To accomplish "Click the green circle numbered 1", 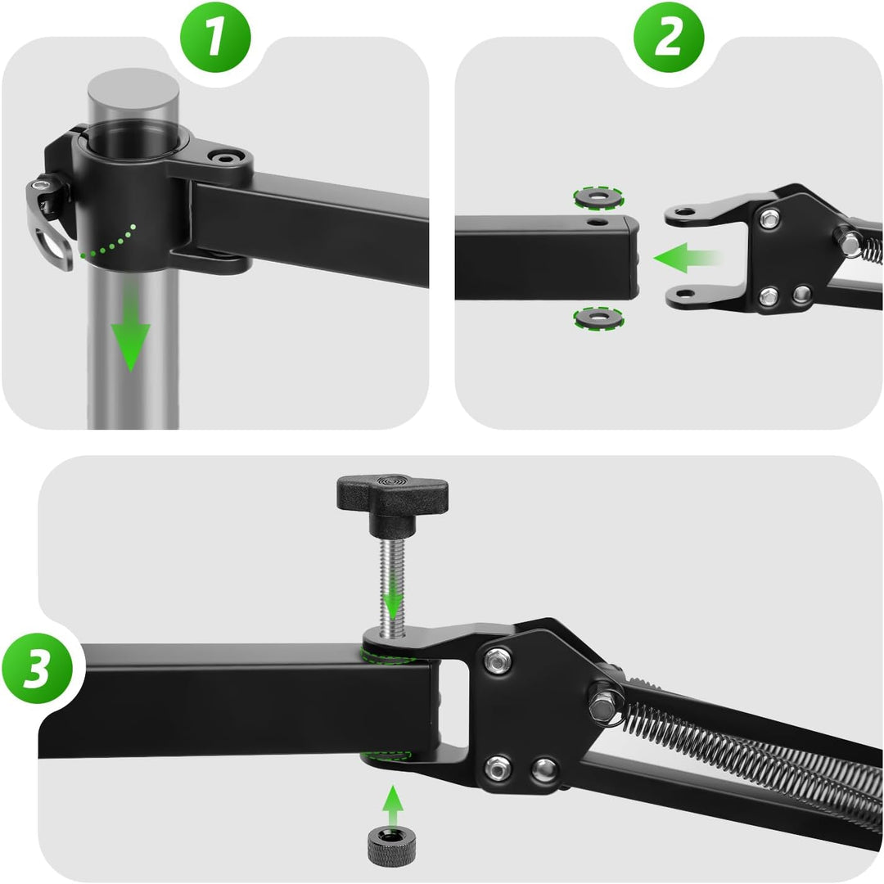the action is pyautogui.click(x=214, y=37).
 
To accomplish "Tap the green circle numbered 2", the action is pyautogui.click(x=669, y=37).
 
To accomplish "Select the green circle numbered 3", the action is pyautogui.click(x=37, y=669).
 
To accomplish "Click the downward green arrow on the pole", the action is pyautogui.click(x=130, y=327).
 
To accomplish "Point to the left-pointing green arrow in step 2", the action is pyautogui.click(x=687, y=258).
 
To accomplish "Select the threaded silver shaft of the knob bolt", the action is pyautogui.click(x=392, y=586).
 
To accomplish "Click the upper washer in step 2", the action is pyautogui.click(x=598, y=197).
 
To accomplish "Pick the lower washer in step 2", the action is pyautogui.click(x=598, y=318).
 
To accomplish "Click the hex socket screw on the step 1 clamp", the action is pyautogui.click(x=226, y=158).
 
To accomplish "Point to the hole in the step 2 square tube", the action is pyautogui.click(x=598, y=222).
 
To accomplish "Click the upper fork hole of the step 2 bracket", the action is pyautogui.click(x=685, y=213).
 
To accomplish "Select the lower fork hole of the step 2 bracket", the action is pyautogui.click(x=685, y=294).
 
